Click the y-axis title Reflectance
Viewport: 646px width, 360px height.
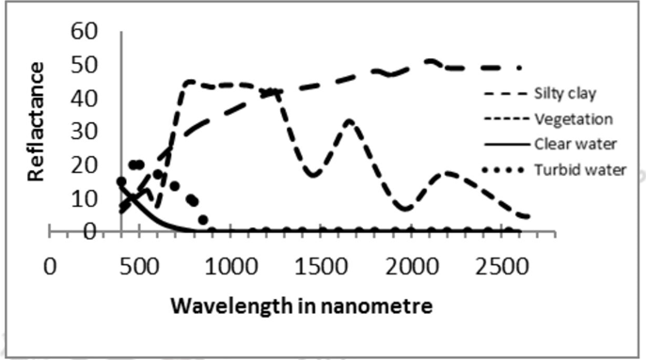pyautogui.click(x=36, y=120)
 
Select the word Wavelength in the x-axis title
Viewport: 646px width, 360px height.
pyautogui.click(x=224, y=306)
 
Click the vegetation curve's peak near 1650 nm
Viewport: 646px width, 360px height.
pyautogui.click(x=350, y=121)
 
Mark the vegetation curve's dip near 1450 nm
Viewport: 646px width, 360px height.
pyautogui.click(x=313, y=175)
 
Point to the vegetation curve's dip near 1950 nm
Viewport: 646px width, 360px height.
pyautogui.click(x=405, y=208)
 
